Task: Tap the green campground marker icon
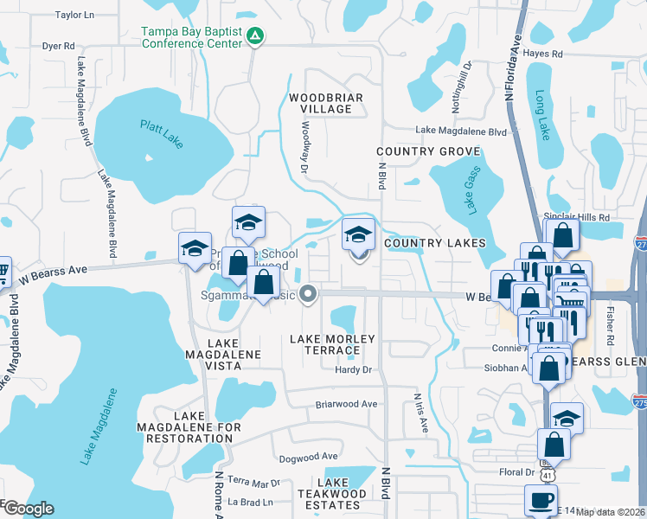(256, 35)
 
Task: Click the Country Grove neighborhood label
(416, 152)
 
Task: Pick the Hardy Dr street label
(352, 370)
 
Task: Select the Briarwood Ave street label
(347, 404)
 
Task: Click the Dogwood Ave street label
(308, 456)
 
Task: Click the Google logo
(28, 509)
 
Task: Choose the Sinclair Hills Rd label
(577, 217)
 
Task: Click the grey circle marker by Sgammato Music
(308, 294)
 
